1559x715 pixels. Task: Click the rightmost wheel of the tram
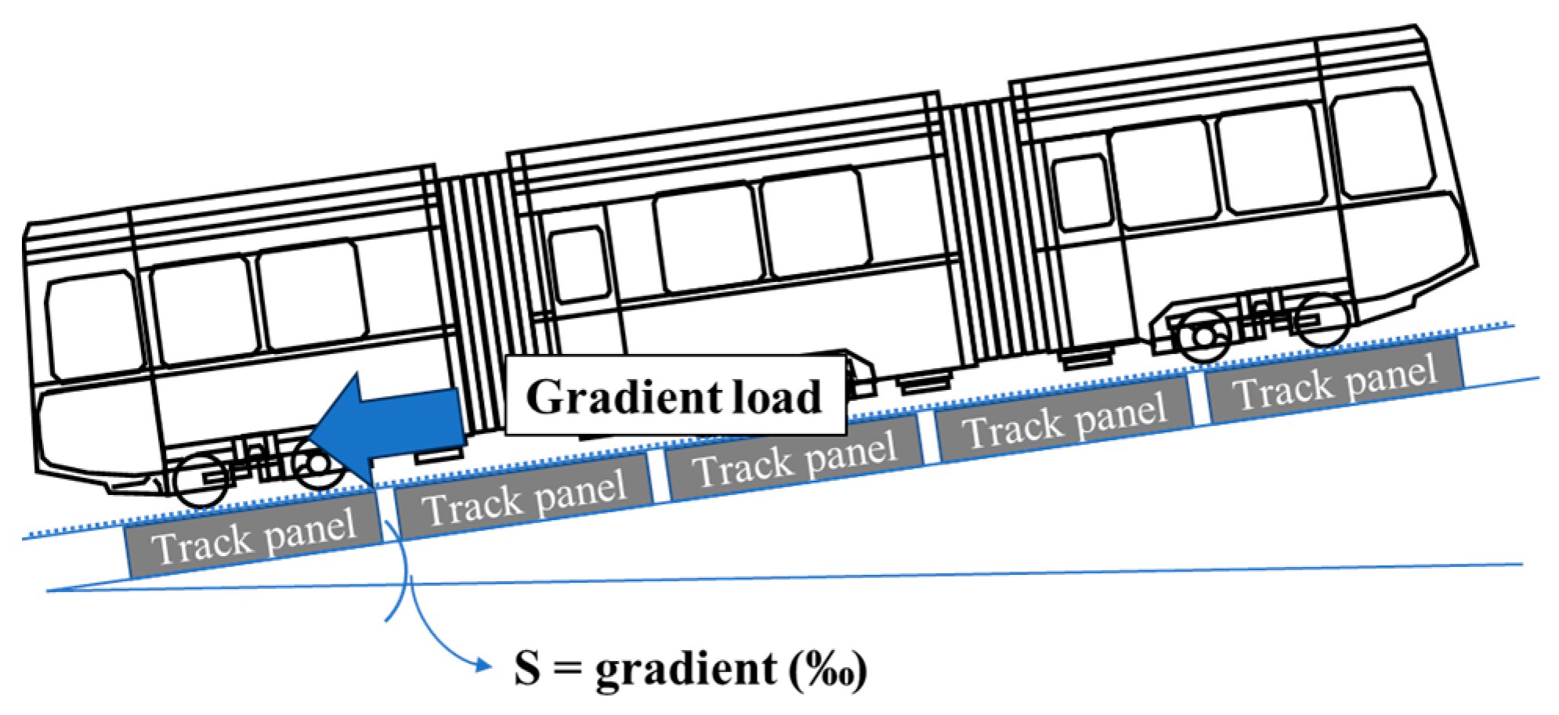pos(1322,319)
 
